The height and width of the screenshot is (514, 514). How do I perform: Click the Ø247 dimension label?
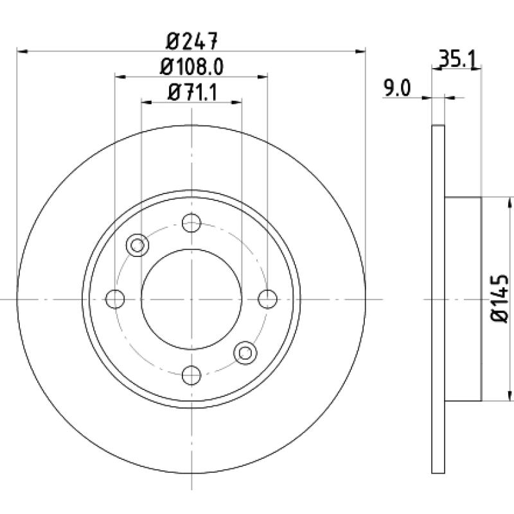(191, 41)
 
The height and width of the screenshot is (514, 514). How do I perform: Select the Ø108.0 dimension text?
(191, 67)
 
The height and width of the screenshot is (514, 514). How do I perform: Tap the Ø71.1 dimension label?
(192, 93)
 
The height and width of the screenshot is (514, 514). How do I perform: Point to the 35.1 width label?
(457, 59)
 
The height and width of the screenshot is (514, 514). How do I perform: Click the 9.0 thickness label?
(397, 88)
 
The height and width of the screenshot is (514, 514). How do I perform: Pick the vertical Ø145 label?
(499, 299)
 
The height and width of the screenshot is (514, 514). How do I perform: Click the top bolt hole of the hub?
(191, 223)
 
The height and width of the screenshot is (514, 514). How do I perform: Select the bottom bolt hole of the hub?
(191, 375)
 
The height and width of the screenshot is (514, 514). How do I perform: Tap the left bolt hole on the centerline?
(115, 299)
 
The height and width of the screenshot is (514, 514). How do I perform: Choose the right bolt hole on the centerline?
(267, 299)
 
